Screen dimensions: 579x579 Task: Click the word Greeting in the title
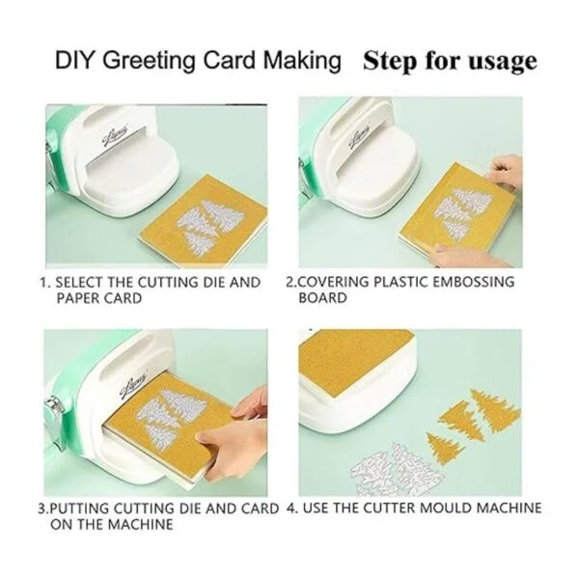click(x=149, y=61)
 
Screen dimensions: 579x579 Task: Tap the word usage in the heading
click(x=503, y=61)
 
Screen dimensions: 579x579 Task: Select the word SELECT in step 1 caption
click(x=79, y=283)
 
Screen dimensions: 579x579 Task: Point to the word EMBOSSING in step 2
click(x=474, y=282)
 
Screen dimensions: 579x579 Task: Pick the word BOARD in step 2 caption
click(x=323, y=297)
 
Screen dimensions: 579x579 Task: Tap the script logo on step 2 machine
click(x=360, y=138)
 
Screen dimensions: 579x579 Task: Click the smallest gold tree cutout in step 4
click(x=445, y=448)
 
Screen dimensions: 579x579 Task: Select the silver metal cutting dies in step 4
click(x=397, y=468)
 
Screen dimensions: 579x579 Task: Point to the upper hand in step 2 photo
click(x=505, y=173)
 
